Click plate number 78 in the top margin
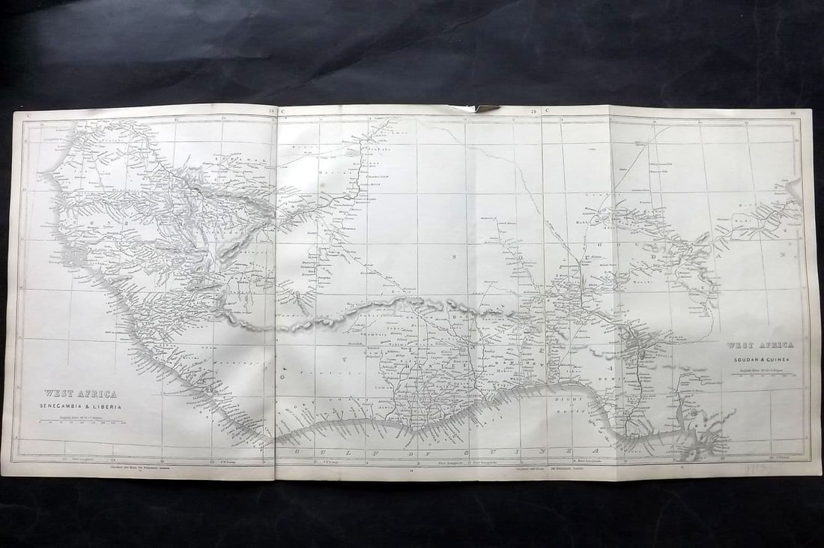[272, 111]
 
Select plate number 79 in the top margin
[534, 112]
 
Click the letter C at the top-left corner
[28, 114]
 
